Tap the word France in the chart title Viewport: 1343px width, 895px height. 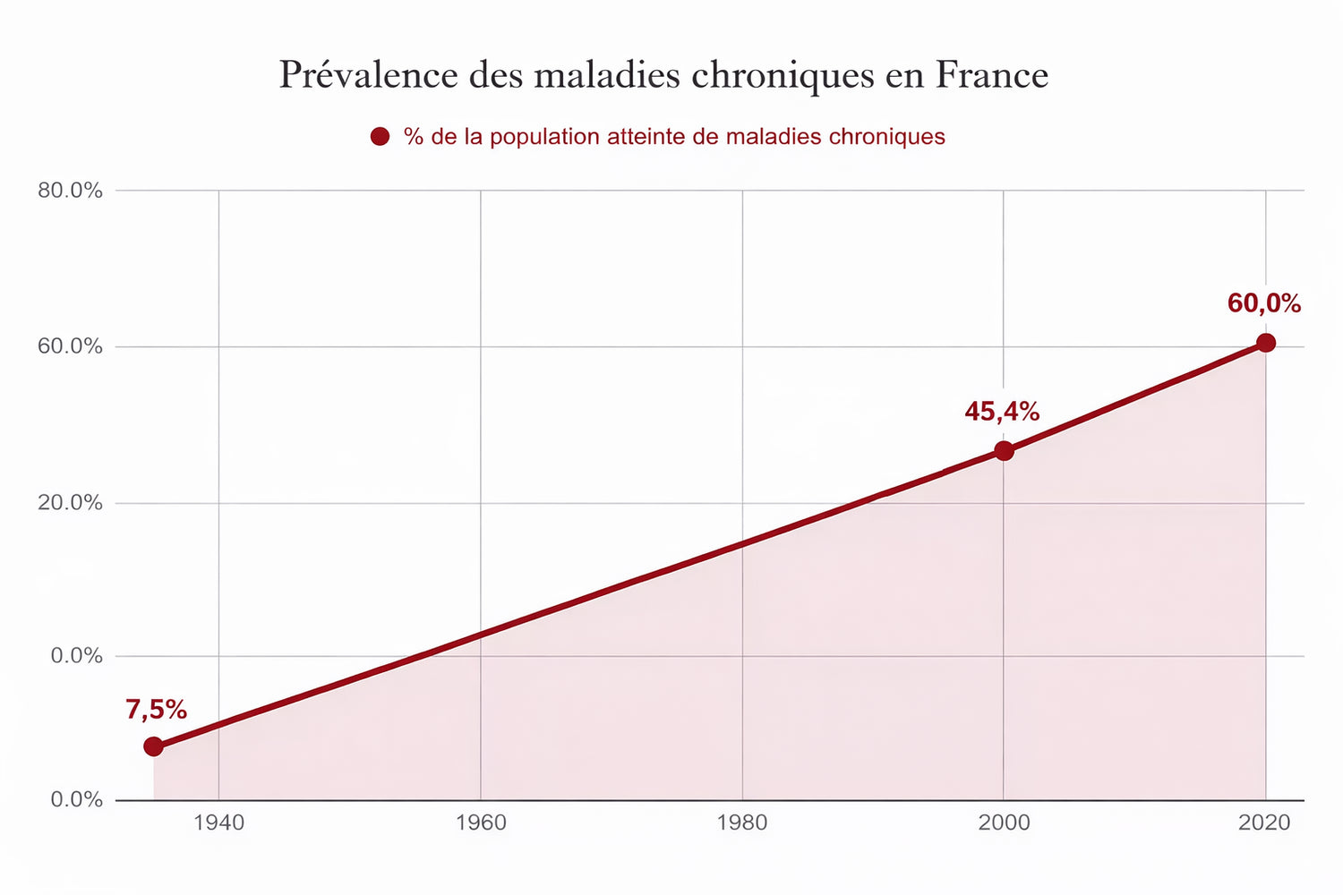point(992,75)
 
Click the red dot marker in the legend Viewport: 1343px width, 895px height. point(380,137)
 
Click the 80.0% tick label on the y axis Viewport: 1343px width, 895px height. point(70,191)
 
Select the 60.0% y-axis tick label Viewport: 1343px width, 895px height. point(70,346)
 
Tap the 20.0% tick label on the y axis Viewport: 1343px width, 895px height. point(70,503)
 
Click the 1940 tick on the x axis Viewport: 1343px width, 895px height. point(218,823)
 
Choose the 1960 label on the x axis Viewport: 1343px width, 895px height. point(481,823)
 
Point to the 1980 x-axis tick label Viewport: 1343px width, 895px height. point(742,823)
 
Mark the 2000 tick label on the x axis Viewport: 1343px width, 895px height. point(1004,823)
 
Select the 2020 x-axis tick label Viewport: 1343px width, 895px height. point(1264,823)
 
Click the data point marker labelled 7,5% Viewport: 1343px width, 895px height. point(154,746)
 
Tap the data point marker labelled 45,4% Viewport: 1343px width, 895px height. point(1004,450)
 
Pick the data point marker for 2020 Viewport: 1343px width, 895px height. point(1265,343)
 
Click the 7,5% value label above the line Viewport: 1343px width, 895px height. point(157,710)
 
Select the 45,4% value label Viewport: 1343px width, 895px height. point(1002,412)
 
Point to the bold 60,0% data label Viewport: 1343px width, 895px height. point(1263,304)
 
